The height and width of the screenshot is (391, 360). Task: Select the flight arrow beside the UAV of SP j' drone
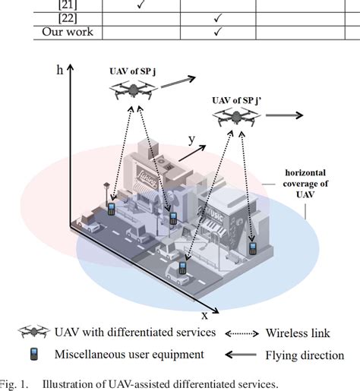point(283,115)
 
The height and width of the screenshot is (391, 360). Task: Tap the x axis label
point(204,314)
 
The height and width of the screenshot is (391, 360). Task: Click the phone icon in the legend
point(33,354)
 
